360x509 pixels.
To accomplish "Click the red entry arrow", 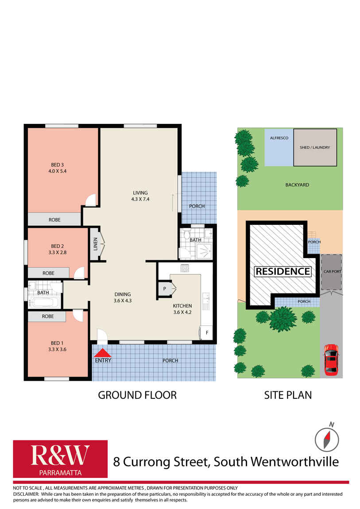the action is tap(103, 353).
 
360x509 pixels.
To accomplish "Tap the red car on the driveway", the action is tap(331, 359).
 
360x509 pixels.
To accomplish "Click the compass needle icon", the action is tap(327, 440).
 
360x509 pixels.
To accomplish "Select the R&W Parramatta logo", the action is tap(60, 459).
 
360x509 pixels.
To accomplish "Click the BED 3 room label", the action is tap(58, 168).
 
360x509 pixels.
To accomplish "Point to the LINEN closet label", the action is tap(96, 244).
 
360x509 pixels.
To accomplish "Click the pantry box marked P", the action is tap(165, 289).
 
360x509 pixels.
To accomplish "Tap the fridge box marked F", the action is tap(207, 333).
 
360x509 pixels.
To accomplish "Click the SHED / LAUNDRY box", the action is tap(315, 147).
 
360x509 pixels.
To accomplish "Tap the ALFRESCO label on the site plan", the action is tap(279, 138).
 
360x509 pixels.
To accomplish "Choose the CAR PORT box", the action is tap(331, 272).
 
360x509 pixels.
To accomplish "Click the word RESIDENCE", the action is tap(283, 271).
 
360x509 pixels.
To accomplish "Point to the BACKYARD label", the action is tap(297, 185).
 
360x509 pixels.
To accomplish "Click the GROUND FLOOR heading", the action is tap(137, 395).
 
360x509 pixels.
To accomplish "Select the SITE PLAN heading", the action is tap(288, 395).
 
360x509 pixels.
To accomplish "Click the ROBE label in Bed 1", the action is tap(48, 316).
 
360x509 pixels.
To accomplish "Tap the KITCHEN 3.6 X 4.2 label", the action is tap(182, 309).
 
